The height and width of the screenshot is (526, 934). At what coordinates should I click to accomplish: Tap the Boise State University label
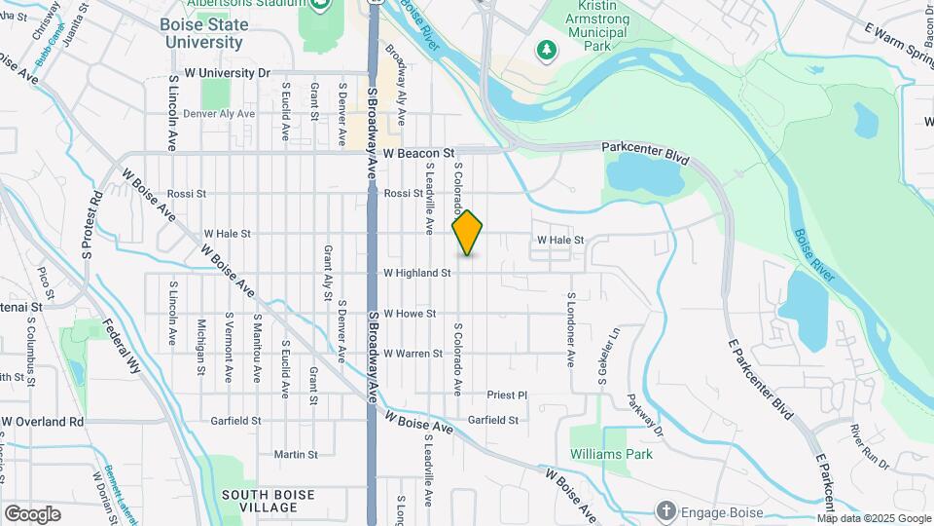point(203,33)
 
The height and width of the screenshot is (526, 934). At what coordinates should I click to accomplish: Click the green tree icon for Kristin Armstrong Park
point(547,49)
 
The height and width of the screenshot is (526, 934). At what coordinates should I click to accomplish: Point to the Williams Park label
point(611,454)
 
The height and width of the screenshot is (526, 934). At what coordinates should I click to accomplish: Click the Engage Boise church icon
point(665,509)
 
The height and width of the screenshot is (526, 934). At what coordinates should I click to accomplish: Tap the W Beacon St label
point(418,154)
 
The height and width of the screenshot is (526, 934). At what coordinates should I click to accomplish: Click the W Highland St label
point(416,274)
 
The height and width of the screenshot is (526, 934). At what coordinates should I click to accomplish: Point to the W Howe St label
point(409,314)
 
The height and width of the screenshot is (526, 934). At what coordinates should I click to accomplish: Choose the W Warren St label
point(413,354)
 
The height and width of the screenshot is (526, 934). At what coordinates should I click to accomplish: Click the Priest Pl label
point(506,395)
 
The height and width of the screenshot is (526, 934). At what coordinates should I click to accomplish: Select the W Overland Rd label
point(43,422)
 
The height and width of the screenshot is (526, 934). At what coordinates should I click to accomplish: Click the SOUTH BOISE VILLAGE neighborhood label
point(269,501)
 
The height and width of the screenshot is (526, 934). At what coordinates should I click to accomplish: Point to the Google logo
point(32,514)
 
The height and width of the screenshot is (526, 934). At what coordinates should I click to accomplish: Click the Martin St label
point(296,454)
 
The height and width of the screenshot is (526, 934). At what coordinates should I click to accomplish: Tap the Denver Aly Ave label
point(219,114)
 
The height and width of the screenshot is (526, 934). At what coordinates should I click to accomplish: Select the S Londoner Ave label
point(570,331)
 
